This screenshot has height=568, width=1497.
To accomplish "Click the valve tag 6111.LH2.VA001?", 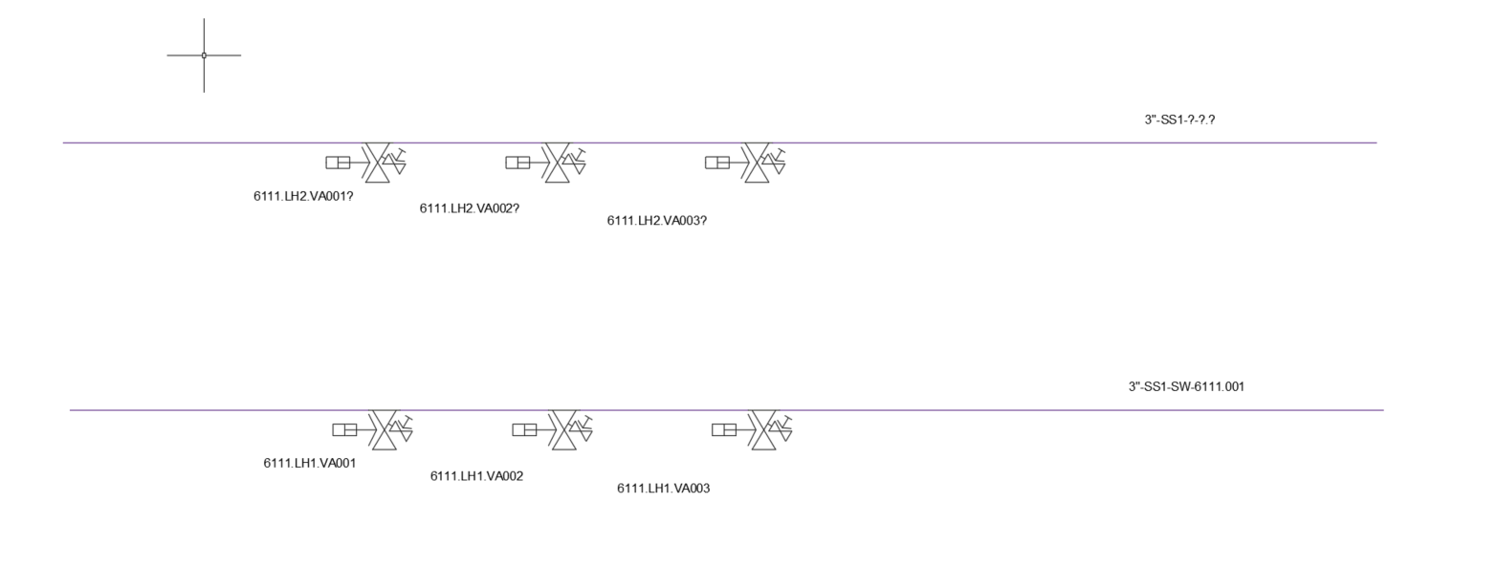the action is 303,196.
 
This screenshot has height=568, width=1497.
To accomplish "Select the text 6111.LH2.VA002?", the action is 469,208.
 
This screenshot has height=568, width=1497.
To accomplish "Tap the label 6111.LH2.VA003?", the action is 656,221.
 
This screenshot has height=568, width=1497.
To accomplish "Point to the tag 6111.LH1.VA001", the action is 309,463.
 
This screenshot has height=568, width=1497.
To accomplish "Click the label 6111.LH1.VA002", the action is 476,476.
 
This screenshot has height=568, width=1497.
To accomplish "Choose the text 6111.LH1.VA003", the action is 663,489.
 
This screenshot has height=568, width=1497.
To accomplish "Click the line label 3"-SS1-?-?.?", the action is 1179,120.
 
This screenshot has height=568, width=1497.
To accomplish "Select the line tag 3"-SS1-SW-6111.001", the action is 1186,386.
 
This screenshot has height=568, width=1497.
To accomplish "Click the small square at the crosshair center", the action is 204,55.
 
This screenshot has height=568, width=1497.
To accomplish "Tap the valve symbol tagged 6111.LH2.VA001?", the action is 376,163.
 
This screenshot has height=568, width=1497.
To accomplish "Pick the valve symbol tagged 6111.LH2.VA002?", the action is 556,163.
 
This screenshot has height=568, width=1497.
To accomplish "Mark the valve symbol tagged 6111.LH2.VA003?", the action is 755,163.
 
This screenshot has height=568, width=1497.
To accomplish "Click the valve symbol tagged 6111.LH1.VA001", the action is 383,429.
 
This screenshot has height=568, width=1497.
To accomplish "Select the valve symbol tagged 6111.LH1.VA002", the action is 562,429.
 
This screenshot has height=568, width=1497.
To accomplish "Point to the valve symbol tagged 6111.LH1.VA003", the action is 761,429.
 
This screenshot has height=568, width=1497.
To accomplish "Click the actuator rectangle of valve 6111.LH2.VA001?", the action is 338,163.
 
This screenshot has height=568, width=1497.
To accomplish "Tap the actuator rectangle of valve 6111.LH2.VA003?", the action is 717,163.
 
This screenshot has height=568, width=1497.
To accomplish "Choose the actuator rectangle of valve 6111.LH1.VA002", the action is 524,429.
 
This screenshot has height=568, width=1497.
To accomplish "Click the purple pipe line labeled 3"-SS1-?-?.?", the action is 719,142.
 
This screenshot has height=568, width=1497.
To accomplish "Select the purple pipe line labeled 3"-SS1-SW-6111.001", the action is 726,409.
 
